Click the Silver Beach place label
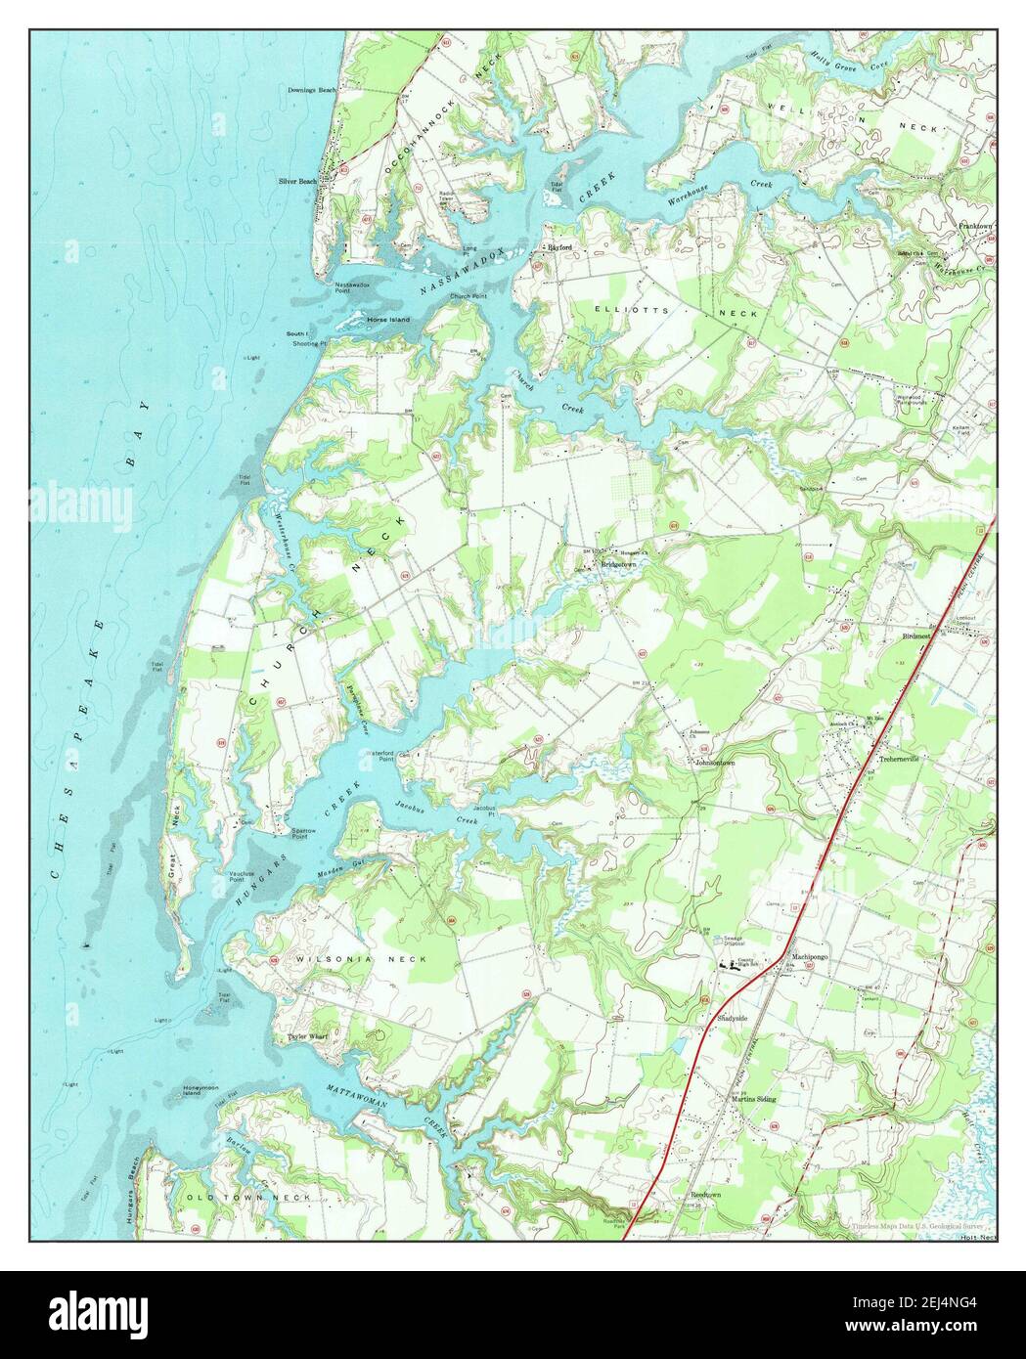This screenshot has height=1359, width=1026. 297,181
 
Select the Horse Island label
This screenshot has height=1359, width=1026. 387,320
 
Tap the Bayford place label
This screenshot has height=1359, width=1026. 558,247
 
